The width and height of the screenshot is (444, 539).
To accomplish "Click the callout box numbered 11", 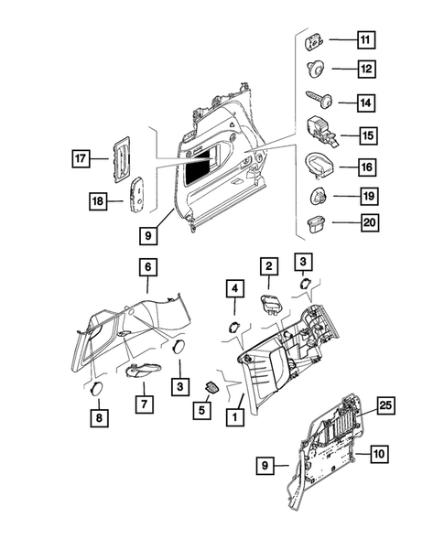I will (365, 40).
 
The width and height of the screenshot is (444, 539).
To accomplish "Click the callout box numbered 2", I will (268, 266).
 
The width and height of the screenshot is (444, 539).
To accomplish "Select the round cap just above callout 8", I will (94, 388).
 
